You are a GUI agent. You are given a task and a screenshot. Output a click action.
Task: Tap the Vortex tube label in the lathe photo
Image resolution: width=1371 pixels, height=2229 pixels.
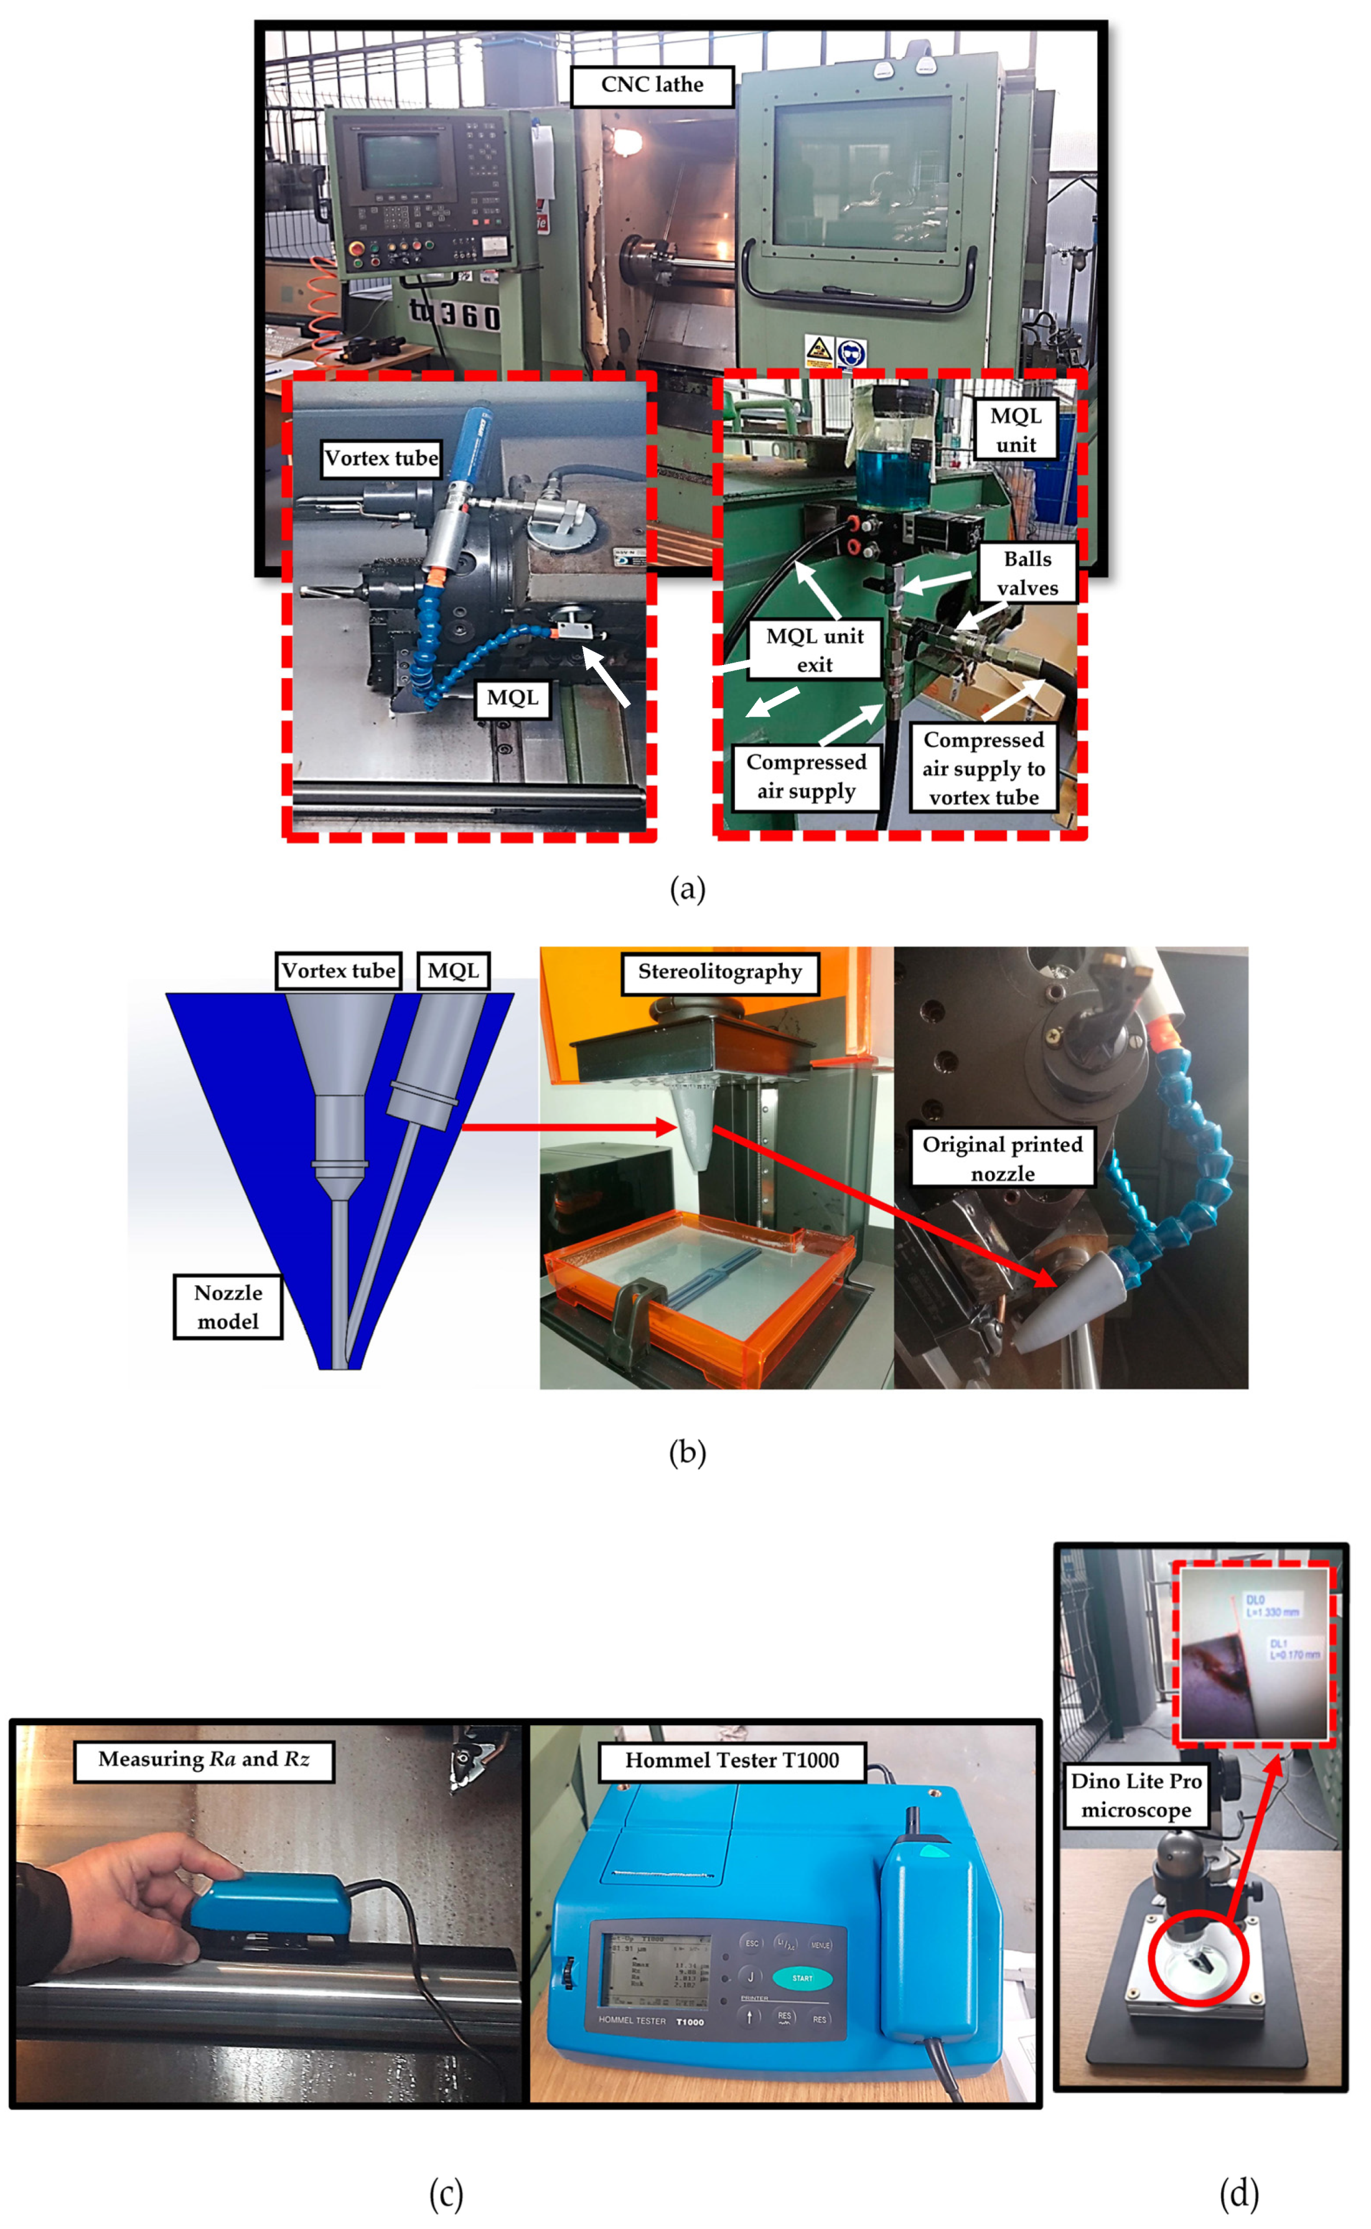click(381, 458)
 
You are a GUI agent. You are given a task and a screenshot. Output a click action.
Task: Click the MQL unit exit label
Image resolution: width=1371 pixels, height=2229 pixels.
click(813, 650)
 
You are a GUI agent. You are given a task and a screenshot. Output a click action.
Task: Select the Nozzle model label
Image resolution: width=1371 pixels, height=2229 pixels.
click(228, 1306)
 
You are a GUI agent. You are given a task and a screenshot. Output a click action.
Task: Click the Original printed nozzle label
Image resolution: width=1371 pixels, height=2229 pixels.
click(1002, 1158)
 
